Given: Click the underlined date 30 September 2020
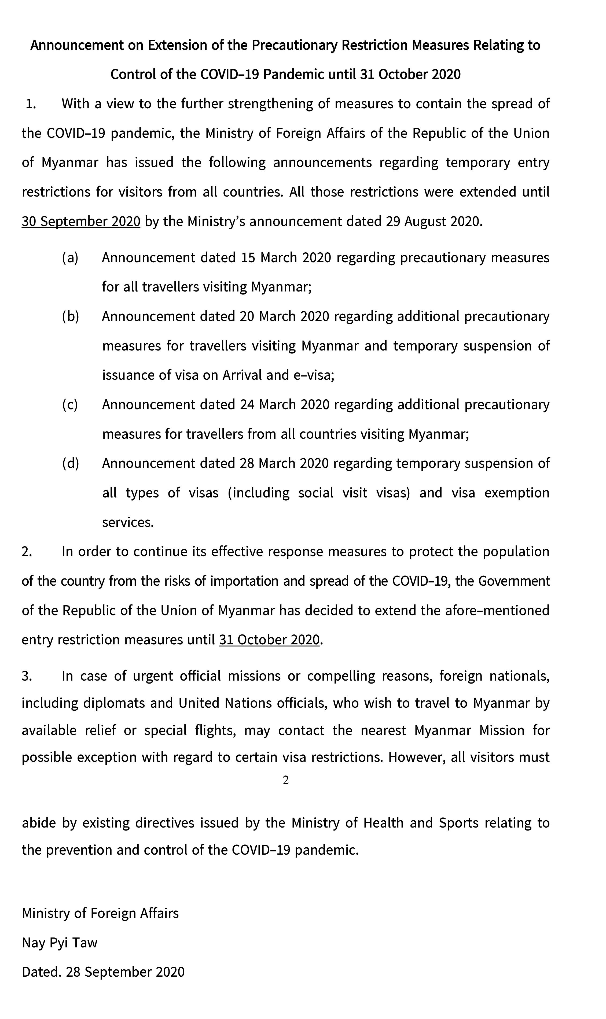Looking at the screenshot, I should click(81, 221).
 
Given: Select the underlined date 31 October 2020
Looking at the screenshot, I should click(269, 640).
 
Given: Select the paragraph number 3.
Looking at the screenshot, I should click(27, 676).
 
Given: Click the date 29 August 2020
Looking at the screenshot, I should click(434, 221).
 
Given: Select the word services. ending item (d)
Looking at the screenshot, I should click(128, 522).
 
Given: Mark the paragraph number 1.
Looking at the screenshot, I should click(31, 104).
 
